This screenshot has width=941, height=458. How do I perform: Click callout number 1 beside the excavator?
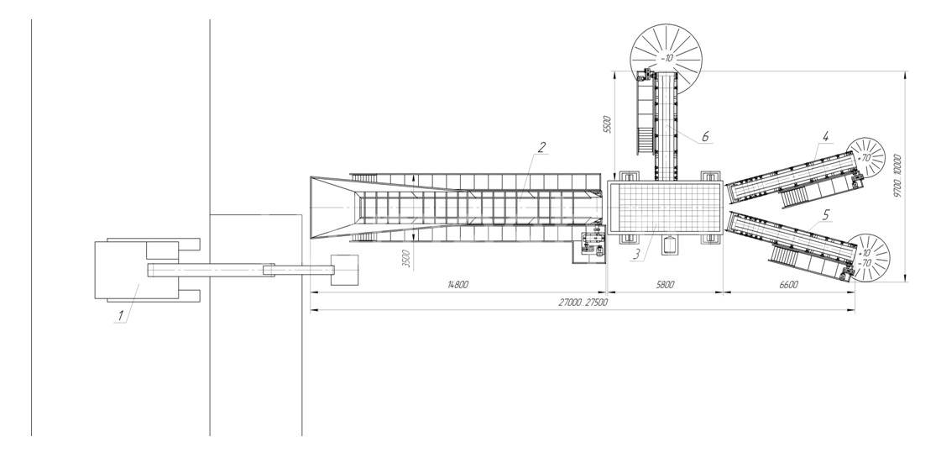coord(120,315)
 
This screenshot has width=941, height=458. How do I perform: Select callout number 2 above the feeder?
coord(541,147)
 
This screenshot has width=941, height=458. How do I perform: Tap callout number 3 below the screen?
coord(636,255)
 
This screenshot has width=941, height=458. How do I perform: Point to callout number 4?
coord(825,137)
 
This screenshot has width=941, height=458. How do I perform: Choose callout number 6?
coord(705,137)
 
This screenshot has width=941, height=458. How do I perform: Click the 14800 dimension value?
coord(457,285)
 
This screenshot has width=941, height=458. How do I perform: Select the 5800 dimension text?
coord(665,285)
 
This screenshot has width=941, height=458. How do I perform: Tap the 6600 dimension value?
coord(788,285)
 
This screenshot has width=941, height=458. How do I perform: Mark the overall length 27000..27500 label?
coord(583,303)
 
